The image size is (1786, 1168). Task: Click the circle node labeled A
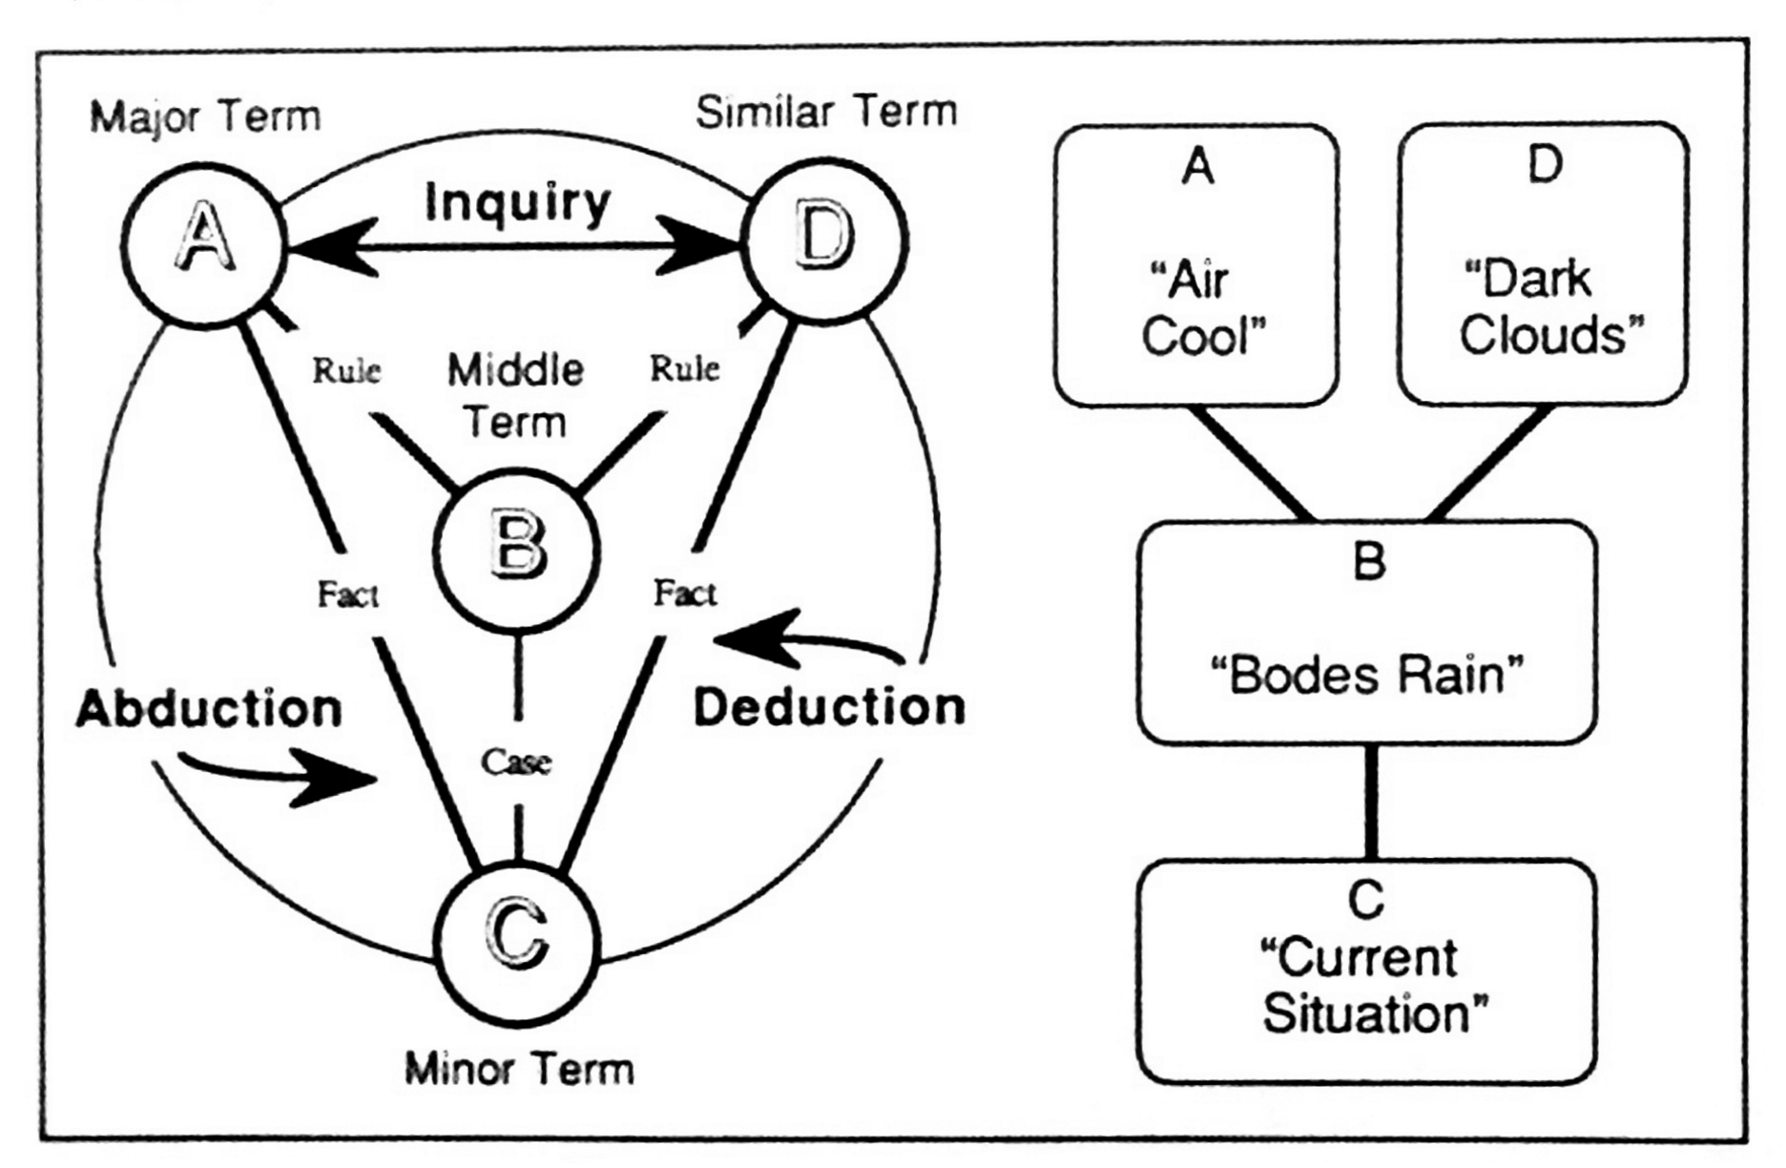[205, 244]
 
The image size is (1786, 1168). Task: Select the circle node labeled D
[824, 240]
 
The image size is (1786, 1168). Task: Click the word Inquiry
[517, 203]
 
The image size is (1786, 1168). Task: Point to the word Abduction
[209, 709]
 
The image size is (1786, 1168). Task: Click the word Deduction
[829, 707]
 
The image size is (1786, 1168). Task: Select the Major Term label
[205, 117]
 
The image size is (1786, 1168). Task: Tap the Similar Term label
[826, 113]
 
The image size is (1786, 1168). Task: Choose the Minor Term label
[519, 1069]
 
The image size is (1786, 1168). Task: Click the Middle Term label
[516, 395]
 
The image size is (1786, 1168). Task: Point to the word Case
[516, 761]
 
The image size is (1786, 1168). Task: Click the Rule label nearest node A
[346, 370]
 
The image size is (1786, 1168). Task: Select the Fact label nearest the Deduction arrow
[685, 594]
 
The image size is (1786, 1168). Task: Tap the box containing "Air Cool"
[1196, 264]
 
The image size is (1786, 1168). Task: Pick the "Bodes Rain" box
[1367, 632]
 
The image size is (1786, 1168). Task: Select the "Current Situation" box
[1367, 971]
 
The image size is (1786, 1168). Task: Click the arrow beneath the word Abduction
[277, 773]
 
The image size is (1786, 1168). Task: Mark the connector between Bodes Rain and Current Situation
[1371, 802]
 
